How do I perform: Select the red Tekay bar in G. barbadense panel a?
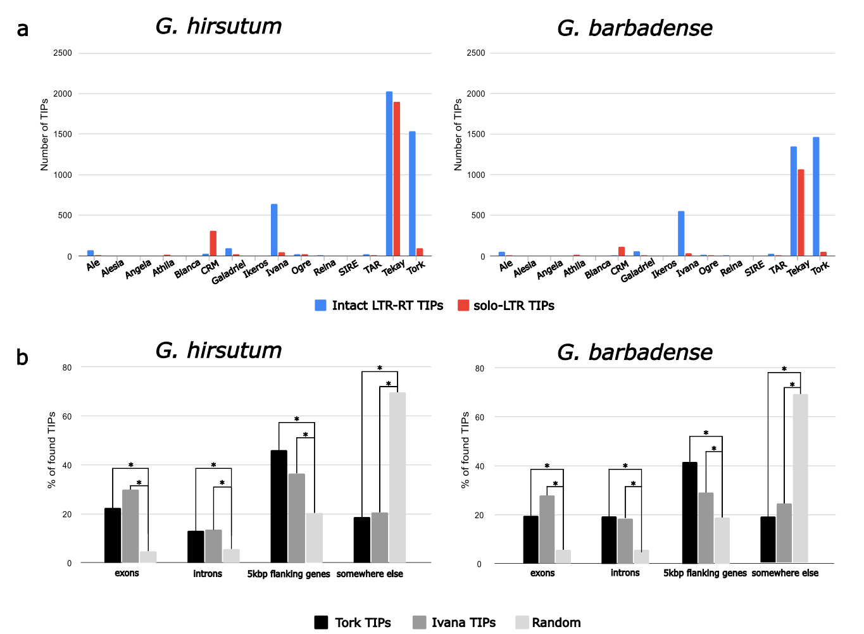[801, 213]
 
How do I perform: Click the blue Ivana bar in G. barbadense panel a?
[681, 233]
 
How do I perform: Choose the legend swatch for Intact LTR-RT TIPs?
[321, 306]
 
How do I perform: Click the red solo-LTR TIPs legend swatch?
[463, 306]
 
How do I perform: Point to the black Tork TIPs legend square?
[321, 623]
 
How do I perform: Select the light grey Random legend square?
[522, 623]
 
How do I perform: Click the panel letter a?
[23, 29]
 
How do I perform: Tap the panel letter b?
[22, 357]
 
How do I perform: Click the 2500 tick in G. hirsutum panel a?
[63, 53]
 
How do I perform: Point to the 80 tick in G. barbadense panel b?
[479, 368]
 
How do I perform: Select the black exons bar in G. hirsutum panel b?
[113, 535]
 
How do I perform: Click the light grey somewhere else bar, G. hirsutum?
[398, 478]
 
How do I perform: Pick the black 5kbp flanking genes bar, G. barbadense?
[689, 513]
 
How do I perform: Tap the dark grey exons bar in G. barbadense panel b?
[547, 530]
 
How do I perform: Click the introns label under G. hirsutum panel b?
[208, 574]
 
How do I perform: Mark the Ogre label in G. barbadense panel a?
[709, 268]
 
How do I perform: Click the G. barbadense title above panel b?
[635, 352]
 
